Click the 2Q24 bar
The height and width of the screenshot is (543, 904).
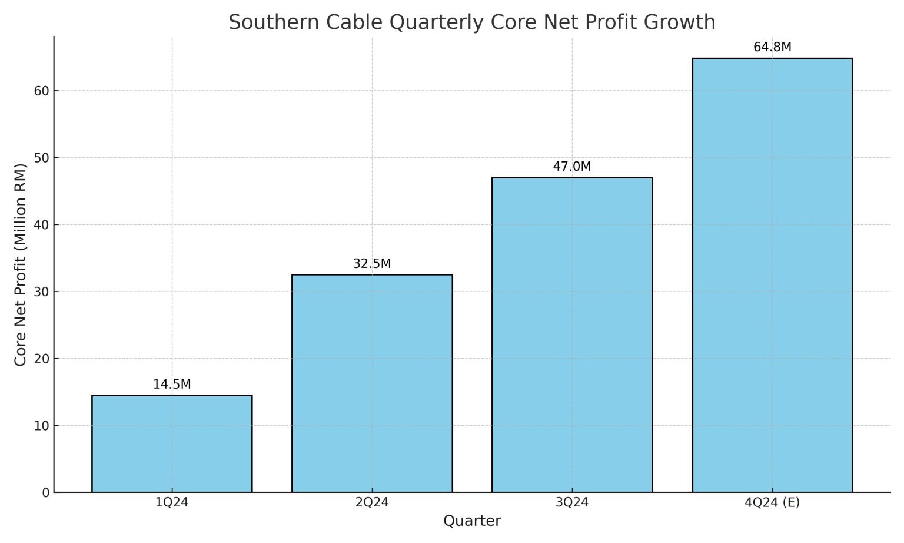pyautogui.click(x=372, y=383)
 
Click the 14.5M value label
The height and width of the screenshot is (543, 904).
pyautogui.click(x=172, y=385)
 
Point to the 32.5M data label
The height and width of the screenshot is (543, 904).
pyautogui.click(x=372, y=264)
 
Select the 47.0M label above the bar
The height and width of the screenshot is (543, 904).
pyautogui.click(x=572, y=167)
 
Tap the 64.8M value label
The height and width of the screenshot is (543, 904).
pyautogui.click(x=772, y=47)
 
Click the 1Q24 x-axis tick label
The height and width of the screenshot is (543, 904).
pyautogui.click(x=172, y=502)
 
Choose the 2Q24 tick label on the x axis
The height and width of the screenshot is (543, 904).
pyautogui.click(x=372, y=502)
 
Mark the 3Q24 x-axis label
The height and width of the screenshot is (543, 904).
pyautogui.click(x=572, y=502)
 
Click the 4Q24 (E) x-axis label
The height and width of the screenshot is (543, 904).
pyautogui.click(x=772, y=502)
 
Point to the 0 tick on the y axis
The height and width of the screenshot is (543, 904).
pyautogui.click(x=46, y=493)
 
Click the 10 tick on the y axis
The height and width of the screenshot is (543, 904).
pyautogui.click(x=42, y=426)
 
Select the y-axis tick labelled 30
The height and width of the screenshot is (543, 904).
pyautogui.click(x=42, y=292)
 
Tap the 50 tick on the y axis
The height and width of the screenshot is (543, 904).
pyautogui.click(x=42, y=158)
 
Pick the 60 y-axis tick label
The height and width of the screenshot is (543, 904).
pyautogui.click(x=42, y=91)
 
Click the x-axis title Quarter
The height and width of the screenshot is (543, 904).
pyautogui.click(x=472, y=521)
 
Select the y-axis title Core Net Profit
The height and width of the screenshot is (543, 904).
pyautogui.click(x=21, y=264)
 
